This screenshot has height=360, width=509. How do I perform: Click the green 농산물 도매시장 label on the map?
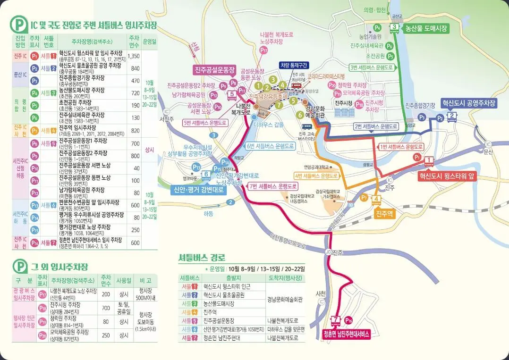pos(424,28)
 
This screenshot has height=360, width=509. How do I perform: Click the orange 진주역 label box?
pos(384,213)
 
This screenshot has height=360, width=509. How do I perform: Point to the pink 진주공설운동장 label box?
pos(215,70)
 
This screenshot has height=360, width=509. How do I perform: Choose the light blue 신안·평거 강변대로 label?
pos(198,190)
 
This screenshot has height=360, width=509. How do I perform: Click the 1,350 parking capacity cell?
pos(134,56)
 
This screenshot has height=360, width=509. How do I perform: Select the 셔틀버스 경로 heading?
pos(202,258)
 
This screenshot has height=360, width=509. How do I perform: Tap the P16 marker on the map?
pos(349,320)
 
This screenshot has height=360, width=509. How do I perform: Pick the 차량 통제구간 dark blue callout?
pos(294,66)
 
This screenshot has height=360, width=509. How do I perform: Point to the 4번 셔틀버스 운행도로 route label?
pos(316,176)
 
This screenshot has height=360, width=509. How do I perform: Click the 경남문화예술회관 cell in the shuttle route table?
pos(285,299)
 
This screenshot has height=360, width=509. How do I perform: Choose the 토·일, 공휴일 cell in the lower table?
pos(124,308)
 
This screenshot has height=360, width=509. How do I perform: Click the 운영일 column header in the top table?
pos(149,41)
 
